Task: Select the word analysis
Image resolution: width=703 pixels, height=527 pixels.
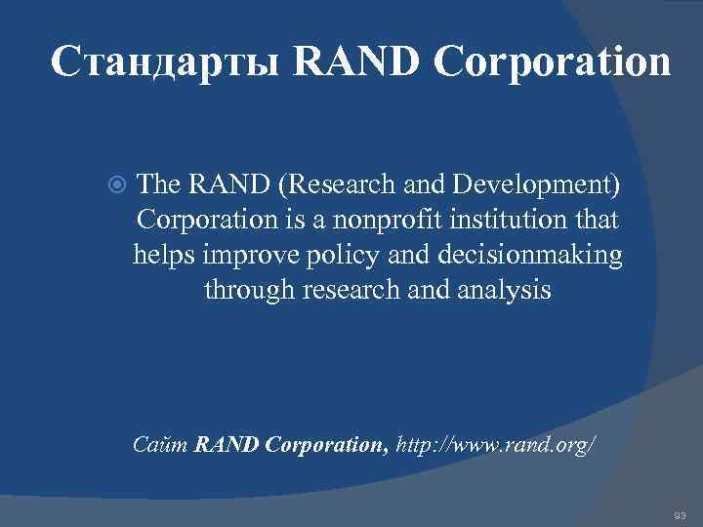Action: click(512, 290)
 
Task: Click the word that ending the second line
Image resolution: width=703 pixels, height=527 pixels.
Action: click(596, 220)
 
